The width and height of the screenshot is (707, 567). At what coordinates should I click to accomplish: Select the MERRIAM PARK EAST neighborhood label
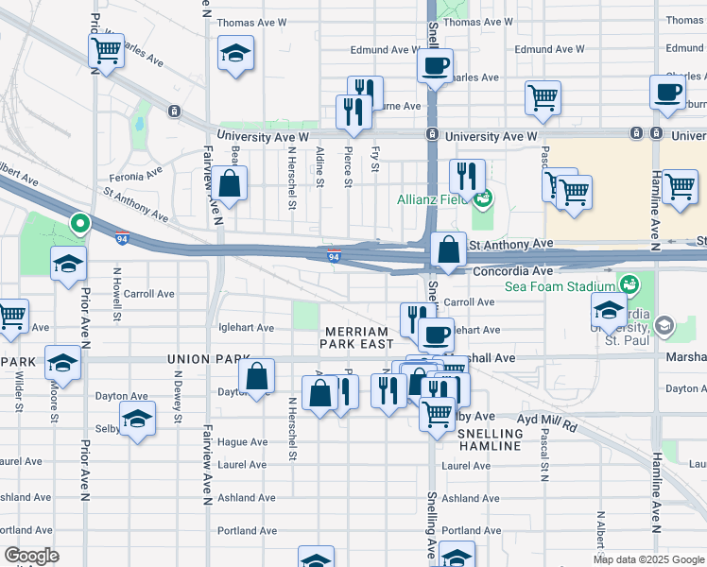tap(355, 338)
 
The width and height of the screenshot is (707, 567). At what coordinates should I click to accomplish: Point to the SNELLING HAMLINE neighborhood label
tap(489, 438)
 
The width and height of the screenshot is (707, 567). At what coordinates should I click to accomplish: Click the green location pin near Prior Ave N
tap(81, 225)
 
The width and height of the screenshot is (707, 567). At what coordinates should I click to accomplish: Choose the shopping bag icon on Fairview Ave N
tap(230, 181)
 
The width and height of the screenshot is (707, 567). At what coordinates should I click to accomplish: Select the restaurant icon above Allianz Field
tap(467, 175)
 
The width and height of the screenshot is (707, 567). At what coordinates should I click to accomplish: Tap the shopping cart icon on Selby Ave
tap(437, 412)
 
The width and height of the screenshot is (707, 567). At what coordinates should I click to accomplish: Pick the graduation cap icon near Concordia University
tap(609, 309)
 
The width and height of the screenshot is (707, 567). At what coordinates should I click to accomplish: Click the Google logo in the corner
tap(32, 556)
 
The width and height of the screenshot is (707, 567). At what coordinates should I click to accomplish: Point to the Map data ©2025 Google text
tap(648, 559)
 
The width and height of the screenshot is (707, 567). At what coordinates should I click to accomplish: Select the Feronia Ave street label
tap(134, 176)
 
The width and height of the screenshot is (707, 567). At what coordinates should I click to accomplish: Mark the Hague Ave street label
tap(244, 441)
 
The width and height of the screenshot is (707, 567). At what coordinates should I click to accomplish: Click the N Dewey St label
tap(177, 388)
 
